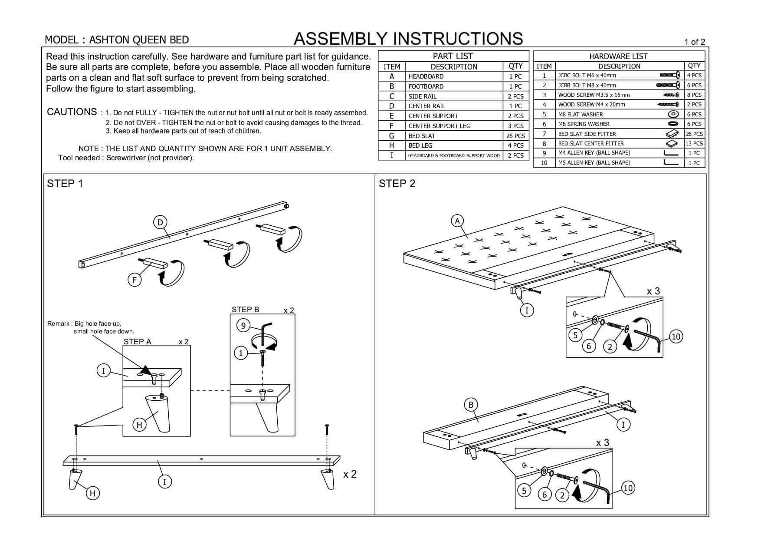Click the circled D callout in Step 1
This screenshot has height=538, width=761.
(x=160, y=222)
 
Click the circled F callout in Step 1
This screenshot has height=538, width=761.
(x=134, y=280)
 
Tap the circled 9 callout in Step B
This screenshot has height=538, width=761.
(x=243, y=325)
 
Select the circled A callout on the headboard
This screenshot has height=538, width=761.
(x=457, y=221)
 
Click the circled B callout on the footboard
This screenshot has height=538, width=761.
(x=471, y=405)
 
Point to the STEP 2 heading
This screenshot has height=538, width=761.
(x=397, y=184)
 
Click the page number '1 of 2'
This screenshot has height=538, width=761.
(x=695, y=42)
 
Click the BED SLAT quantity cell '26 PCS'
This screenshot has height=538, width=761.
(x=515, y=136)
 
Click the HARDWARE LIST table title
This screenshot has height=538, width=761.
(x=618, y=56)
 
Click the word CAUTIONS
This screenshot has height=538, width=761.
(x=72, y=112)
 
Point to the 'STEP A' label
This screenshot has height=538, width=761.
(x=138, y=342)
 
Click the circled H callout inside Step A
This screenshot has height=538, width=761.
(x=139, y=425)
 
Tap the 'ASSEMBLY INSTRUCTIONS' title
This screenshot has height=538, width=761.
(x=408, y=39)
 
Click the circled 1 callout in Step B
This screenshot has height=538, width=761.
(x=241, y=353)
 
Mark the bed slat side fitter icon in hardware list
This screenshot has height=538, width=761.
(x=672, y=134)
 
